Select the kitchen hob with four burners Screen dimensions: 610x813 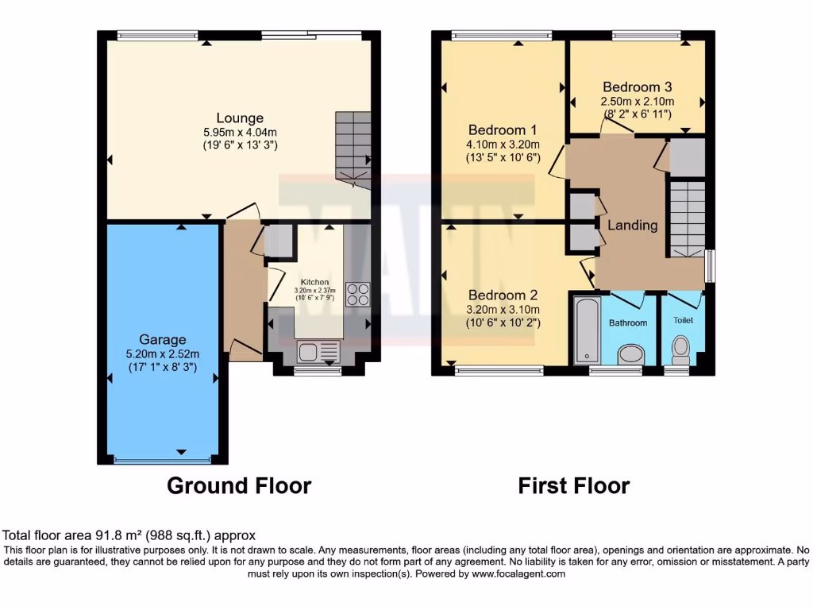pyautogui.click(x=357, y=295)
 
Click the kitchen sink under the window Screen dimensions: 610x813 pyautogui.click(x=318, y=350)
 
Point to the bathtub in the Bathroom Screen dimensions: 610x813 pyautogui.click(x=585, y=329)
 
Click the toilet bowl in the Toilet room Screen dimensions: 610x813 pyautogui.click(x=680, y=347)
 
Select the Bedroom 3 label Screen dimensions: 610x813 pyautogui.click(x=638, y=87)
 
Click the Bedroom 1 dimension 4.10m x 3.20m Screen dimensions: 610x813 pyautogui.click(x=503, y=145)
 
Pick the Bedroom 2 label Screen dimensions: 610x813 pyautogui.click(x=503, y=295)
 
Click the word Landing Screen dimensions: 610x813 pyautogui.click(x=633, y=225)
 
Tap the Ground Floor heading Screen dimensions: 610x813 pyautogui.click(x=239, y=485)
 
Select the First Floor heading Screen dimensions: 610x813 pyautogui.click(x=574, y=485)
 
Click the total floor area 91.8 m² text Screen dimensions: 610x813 pyautogui.click(x=129, y=536)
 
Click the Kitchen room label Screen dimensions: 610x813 pyautogui.click(x=314, y=282)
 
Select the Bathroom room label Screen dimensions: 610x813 pyautogui.click(x=628, y=322)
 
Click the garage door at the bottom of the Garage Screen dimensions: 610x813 pyautogui.click(x=163, y=459)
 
